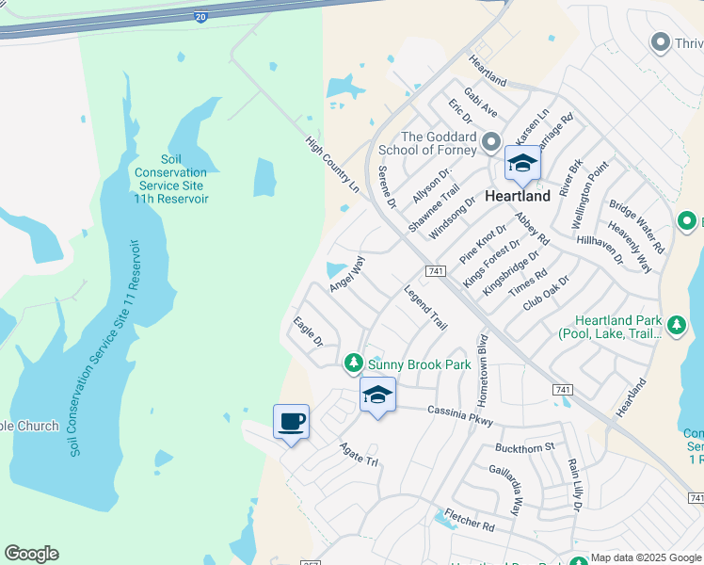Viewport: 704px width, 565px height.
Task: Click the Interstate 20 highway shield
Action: pyautogui.click(x=200, y=17)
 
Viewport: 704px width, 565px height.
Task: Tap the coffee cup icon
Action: pyautogui.click(x=292, y=420)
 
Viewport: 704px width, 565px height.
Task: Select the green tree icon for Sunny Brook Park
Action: pyautogui.click(x=353, y=363)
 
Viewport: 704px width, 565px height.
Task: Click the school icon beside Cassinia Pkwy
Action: pyautogui.click(x=377, y=395)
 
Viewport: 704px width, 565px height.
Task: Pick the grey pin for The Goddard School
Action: pyautogui.click(x=490, y=143)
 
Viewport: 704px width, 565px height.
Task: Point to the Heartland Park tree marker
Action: pyautogui.click(x=676, y=327)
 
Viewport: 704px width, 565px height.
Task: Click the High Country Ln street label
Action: pyautogui.click(x=332, y=165)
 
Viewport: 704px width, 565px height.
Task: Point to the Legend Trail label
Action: pyautogui.click(x=425, y=307)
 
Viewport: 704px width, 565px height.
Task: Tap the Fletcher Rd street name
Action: pyautogui.click(x=470, y=523)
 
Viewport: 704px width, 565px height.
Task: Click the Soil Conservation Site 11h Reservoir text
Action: pyautogui.click(x=170, y=179)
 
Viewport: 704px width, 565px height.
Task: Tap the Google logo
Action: pyautogui.click(x=31, y=554)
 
